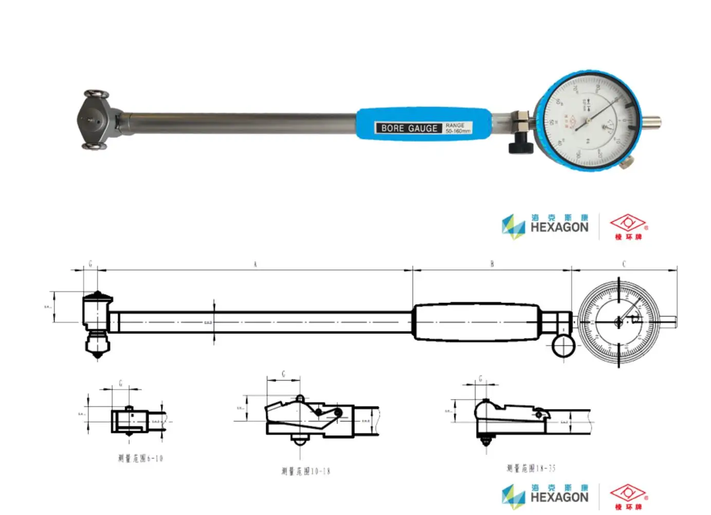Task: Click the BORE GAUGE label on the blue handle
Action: point(409,128)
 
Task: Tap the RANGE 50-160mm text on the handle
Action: point(457,128)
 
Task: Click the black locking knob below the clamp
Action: point(521,146)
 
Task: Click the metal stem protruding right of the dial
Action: point(651,122)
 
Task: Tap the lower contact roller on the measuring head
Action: point(95,147)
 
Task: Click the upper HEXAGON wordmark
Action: point(559,227)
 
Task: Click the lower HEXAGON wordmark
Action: point(559,497)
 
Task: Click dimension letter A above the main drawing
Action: point(255,264)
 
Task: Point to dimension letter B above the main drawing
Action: point(492,264)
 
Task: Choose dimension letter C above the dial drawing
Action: point(624,264)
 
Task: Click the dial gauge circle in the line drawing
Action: point(618,322)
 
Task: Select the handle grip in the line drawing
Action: point(477,322)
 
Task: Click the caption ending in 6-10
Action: point(140,458)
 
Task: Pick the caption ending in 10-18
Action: point(305,471)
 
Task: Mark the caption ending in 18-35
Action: point(531,468)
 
